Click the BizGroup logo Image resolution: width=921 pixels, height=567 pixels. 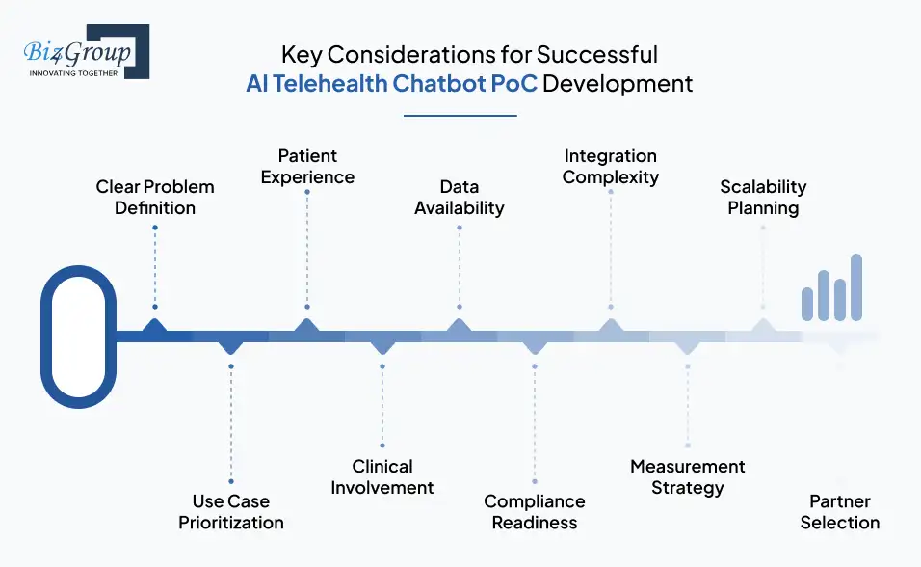click(x=85, y=52)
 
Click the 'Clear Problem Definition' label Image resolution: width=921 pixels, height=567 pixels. click(x=155, y=197)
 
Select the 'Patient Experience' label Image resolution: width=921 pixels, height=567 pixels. click(x=307, y=166)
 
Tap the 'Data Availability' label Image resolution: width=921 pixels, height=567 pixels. click(x=460, y=197)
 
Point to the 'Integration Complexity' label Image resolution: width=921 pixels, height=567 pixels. click(x=611, y=166)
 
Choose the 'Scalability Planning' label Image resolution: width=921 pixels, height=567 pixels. click(x=763, y=197)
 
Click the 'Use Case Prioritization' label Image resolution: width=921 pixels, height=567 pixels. click(x=231, y=512)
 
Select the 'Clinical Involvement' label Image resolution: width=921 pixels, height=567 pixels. click(x=382, y=476)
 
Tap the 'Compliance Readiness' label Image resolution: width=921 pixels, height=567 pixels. click(x=535, y=512)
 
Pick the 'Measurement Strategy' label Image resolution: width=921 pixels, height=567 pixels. click(x=687, y=476)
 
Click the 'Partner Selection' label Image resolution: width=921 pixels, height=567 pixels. click(x=840, y=512)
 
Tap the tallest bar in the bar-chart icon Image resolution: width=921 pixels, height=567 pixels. click(x=856, y=286)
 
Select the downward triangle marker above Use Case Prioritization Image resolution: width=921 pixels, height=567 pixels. click(x=231, y=345)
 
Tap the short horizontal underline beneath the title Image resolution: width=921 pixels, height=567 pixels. click(x=460, y=116)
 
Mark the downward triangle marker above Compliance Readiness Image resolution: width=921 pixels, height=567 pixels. click(x=535, y=345)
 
